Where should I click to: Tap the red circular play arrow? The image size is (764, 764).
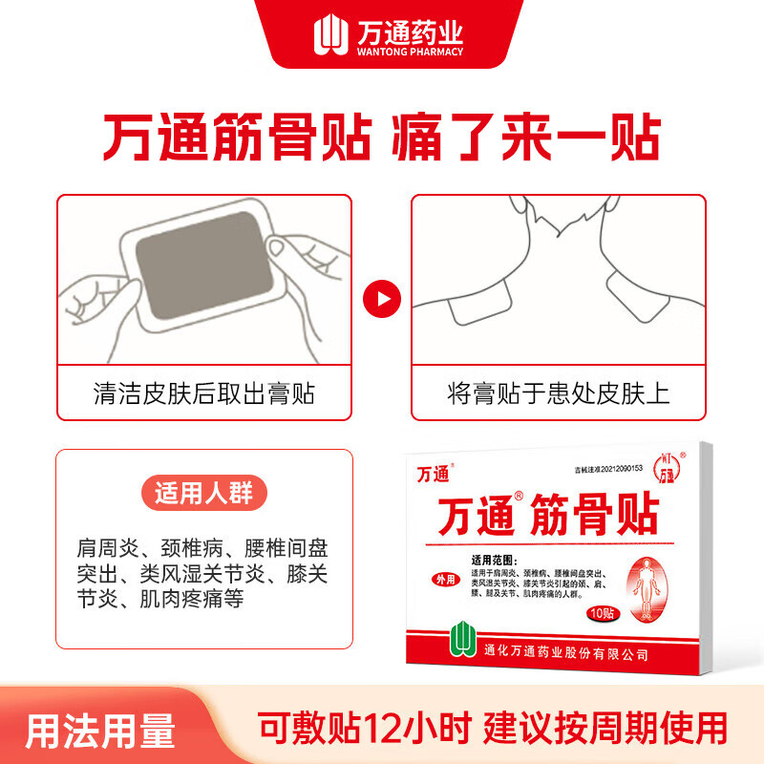(x=382, y=300)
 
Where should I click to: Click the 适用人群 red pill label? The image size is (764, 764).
(x=204, y=495)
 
